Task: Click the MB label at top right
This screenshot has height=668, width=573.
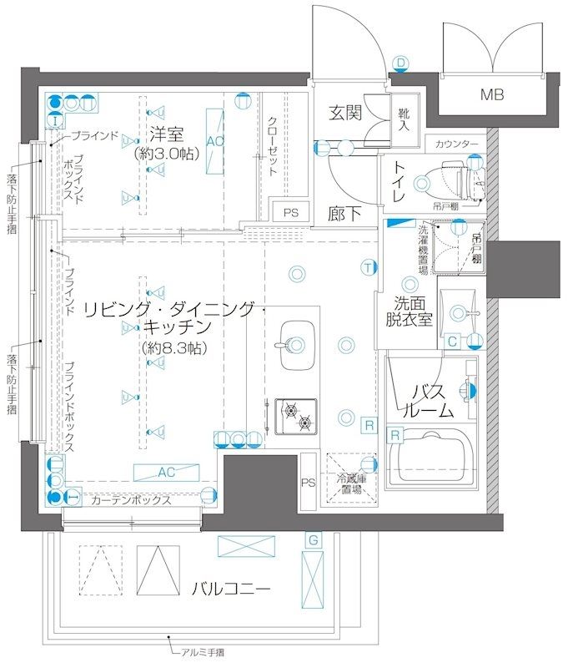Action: [492, 94]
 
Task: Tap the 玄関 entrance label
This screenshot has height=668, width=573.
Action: [344, 113]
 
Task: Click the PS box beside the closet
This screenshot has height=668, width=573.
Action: [290, 212]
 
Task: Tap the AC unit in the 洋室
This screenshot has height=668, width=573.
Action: [214, 141]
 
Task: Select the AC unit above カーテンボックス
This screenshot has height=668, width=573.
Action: [165, 473]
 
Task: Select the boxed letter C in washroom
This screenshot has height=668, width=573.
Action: [451, 340]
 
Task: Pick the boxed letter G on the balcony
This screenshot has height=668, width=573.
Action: [312, 541]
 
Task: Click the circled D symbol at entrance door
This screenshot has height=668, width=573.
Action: [400, 63]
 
